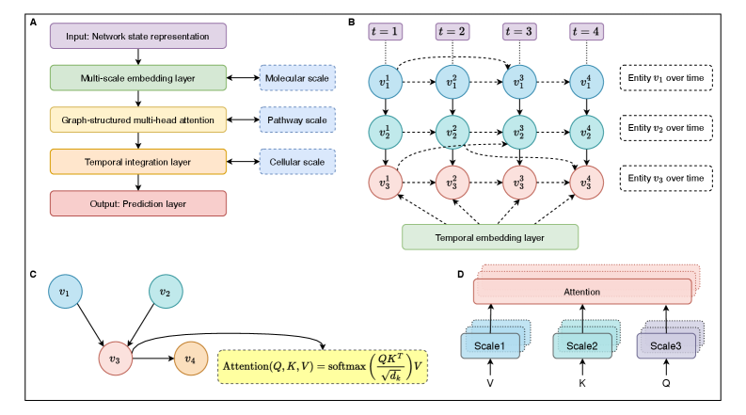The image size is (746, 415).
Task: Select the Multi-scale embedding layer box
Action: [138, 77]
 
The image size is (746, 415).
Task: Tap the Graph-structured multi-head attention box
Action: [138, 120]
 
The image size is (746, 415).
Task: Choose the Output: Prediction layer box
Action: [138, 202]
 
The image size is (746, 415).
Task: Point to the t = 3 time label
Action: [519, 31]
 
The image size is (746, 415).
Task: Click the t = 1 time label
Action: [385, 31]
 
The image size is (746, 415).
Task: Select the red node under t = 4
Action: [587, 181]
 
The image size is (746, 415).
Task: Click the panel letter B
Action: [352, 20]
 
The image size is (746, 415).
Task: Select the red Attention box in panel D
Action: [580, 292]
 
